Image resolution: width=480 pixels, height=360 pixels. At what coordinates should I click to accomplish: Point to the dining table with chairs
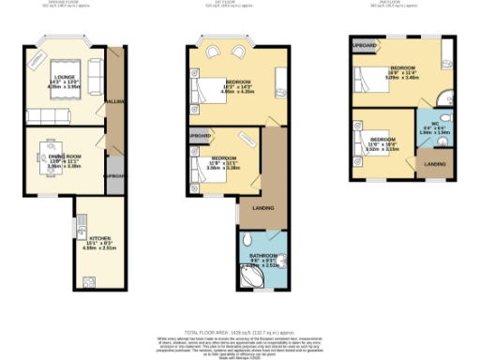[x=52, y=153]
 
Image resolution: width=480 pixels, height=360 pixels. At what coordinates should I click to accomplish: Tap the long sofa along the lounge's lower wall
[x=55, y=115]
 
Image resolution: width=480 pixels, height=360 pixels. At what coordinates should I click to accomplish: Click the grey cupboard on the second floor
[x=365, y=46]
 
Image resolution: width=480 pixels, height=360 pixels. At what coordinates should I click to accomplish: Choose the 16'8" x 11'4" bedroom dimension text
[x=403, y=74]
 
